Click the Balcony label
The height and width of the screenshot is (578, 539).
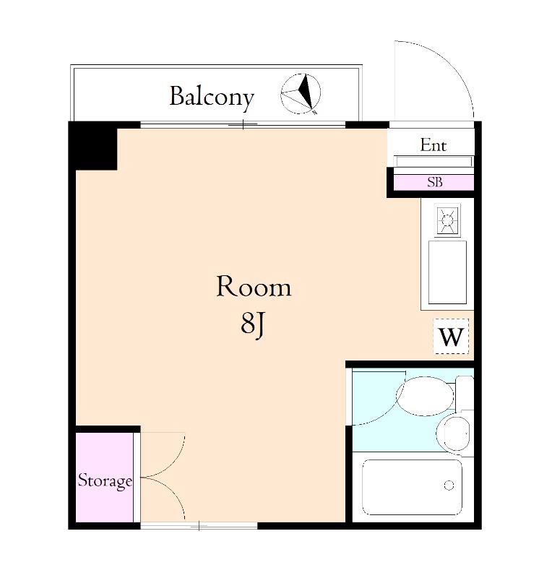212,97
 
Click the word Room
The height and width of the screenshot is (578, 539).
254,286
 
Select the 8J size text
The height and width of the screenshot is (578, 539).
253,323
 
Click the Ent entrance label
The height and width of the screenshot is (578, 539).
434,145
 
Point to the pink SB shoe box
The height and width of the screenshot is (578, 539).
434,183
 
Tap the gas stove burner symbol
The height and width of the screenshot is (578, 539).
447,220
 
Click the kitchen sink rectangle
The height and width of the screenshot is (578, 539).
447,272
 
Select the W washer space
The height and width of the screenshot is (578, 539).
451,336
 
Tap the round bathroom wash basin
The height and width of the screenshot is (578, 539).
454,433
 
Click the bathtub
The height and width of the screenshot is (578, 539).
412,486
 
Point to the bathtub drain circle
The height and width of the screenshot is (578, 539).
449,485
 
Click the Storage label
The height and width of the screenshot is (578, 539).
105,480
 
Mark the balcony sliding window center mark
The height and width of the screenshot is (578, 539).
243,124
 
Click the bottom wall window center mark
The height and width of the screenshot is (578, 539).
199,526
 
